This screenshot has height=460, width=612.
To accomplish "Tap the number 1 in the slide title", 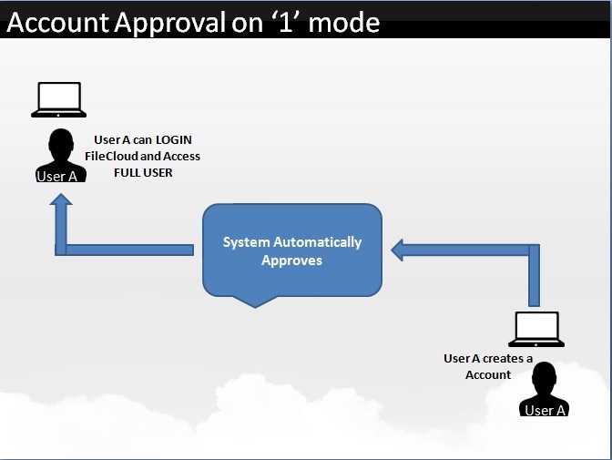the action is point(286,22).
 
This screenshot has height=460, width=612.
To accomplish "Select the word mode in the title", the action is point(344,23).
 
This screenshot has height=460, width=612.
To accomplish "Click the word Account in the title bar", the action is point(58,22).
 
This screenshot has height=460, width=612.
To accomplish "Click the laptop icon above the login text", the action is point(59,99).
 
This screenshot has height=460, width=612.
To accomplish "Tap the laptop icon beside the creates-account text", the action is point(536,329).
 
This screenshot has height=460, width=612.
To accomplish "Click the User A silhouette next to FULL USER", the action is point(60,155).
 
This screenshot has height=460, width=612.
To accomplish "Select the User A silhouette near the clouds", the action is point(544,389).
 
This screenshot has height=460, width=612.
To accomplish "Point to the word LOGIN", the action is point(174,139).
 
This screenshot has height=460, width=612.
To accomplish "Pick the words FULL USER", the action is point(143,172).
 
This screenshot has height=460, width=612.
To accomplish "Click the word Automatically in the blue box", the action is point(317,242).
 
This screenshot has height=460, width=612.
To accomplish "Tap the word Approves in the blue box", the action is point(292,261).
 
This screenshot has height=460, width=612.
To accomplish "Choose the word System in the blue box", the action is point(246,242).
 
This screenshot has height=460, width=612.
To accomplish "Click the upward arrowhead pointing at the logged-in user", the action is point(61,199).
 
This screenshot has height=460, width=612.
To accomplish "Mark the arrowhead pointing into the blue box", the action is point(397,250).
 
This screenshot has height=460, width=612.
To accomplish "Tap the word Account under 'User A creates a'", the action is point(488,375).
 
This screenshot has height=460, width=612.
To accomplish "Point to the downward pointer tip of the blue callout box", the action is point(255,307).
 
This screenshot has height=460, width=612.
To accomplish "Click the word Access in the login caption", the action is point(181,156).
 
